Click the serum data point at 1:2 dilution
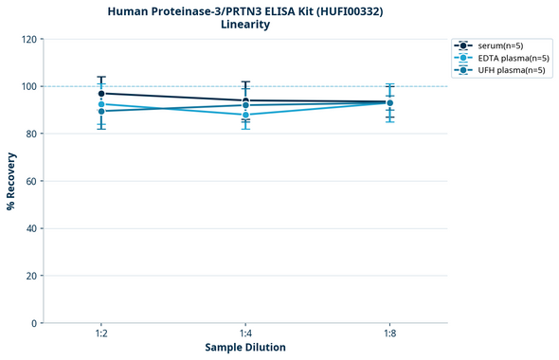[101, 94]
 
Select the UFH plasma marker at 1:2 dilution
[101, 111]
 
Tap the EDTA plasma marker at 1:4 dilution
[245, 115]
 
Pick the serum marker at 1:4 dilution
[245, 100]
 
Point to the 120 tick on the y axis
[30, 39]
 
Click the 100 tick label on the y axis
[30, 86]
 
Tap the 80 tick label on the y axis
[32, 134]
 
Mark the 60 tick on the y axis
[32, 181]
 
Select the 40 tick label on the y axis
[32, 228]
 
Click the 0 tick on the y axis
[35, 323]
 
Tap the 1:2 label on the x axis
[101, 334]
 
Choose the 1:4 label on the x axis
[245, 334]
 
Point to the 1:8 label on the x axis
[389, 334]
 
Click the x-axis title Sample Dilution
[245, 348]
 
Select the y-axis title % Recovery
[11, 181]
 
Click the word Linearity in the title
[245, 25]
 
